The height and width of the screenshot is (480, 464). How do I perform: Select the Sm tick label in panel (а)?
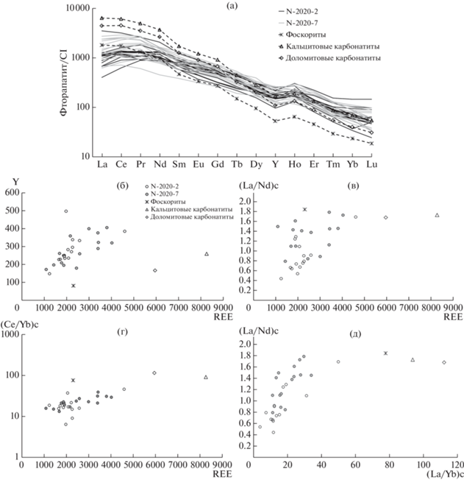[179, 164]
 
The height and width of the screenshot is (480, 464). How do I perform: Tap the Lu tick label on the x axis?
[371, 164]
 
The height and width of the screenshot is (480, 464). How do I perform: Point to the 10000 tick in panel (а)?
[78, 8]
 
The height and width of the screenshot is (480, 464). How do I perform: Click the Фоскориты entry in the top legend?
[306, 35]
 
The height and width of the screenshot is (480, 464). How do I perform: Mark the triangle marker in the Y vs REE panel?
[207, 254]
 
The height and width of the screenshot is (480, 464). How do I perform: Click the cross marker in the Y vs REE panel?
[74, 286]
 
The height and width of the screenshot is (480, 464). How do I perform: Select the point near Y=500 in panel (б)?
[66, 211]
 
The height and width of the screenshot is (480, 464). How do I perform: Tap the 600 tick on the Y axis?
[13, 193]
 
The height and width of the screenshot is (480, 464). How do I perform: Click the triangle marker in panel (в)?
[437, 215]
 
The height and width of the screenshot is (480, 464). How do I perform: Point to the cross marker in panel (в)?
[304, 209]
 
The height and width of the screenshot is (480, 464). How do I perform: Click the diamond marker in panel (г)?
[154, 373]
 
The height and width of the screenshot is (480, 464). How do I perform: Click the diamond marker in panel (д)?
[444, 362]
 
